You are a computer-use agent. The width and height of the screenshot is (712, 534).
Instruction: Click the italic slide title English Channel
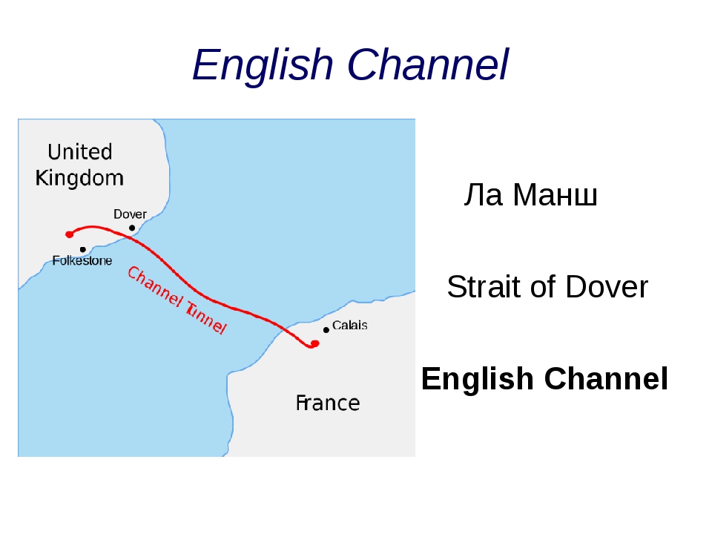point(351,65)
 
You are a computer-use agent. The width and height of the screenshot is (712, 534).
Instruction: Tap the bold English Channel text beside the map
point(544,378)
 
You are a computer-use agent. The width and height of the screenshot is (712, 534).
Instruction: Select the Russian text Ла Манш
point(530,195)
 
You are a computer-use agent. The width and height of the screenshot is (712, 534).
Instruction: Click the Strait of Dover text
point(547,286)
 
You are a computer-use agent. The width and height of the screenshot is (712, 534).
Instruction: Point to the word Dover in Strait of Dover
point(607,286)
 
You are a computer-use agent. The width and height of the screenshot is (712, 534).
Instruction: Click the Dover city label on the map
point(130,214)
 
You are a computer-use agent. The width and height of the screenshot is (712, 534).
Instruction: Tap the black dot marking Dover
point(132,228)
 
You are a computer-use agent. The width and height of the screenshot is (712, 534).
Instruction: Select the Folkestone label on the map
point(82,260)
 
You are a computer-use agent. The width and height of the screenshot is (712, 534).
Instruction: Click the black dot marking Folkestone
point(82,249)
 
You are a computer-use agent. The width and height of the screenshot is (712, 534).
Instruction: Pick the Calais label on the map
point(349,325)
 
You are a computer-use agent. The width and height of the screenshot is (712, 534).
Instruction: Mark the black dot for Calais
point(326,330)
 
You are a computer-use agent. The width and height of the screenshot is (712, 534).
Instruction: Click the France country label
point(328,403)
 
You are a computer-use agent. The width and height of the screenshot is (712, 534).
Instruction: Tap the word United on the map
point(80,151)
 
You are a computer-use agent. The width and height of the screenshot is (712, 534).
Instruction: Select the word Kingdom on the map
point(79,178)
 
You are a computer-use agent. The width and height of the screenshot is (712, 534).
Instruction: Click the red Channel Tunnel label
point(177,300)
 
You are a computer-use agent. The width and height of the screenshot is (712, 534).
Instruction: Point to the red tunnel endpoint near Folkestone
point(70,234)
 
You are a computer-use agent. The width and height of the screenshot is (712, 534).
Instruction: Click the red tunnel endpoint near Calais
point(314,343)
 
